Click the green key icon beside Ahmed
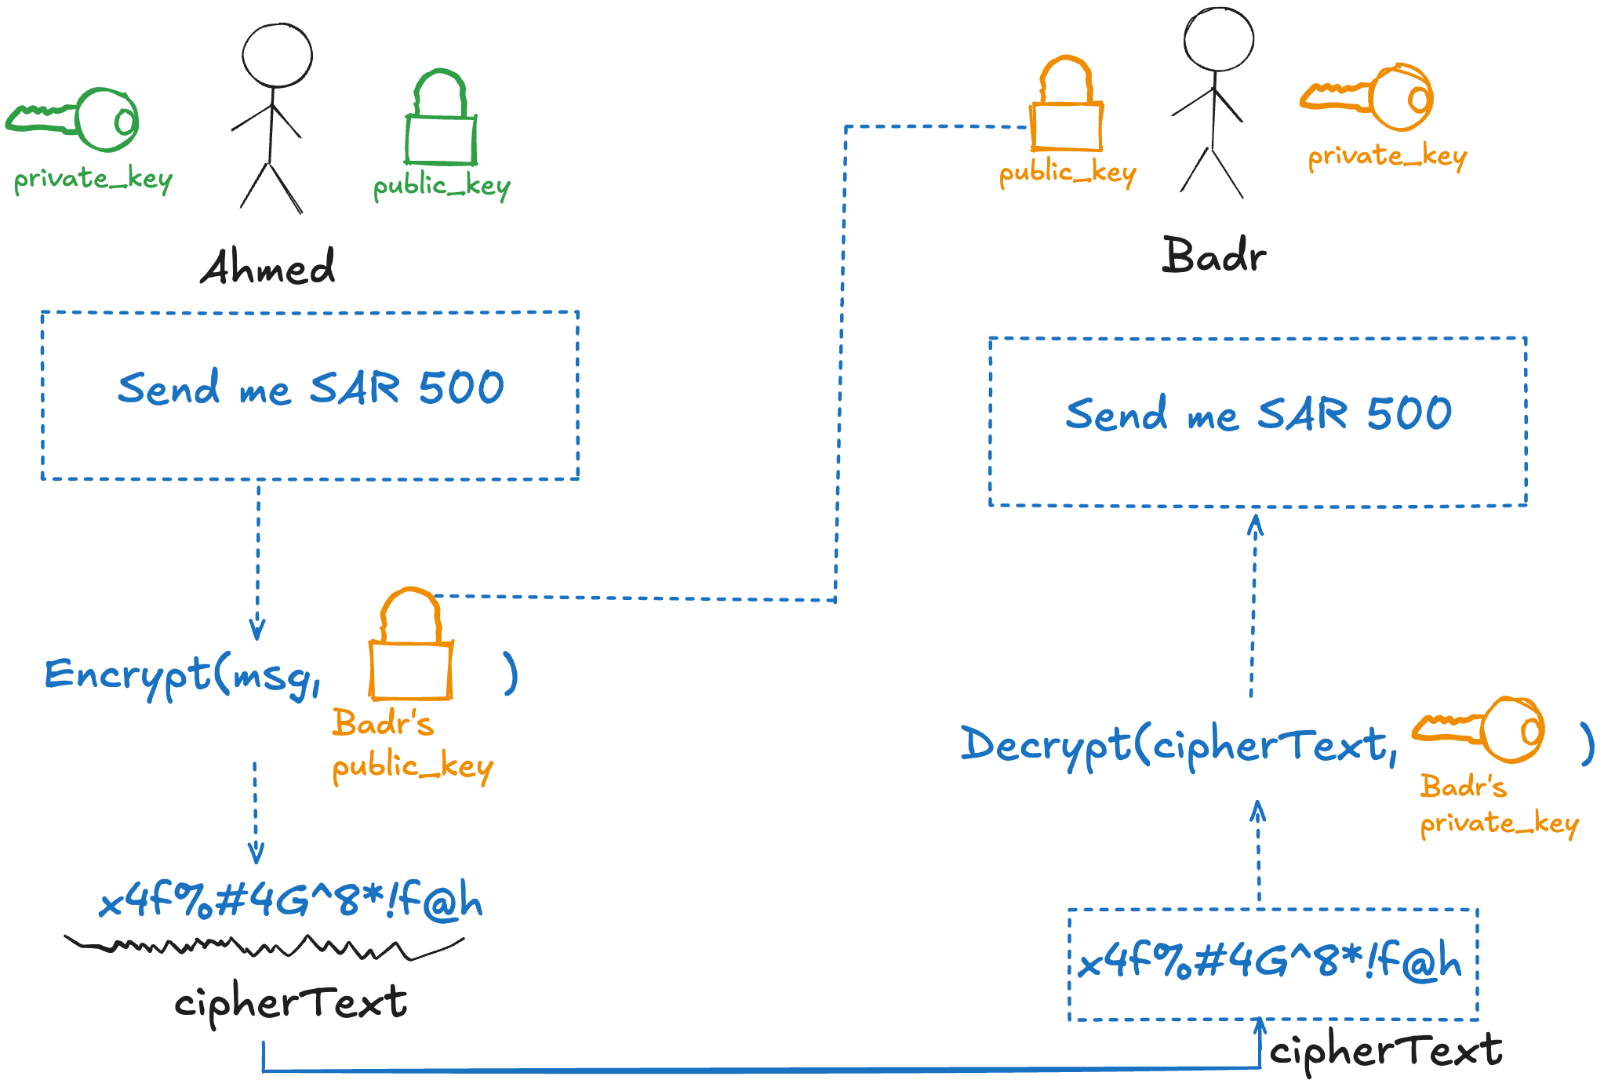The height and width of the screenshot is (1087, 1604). pyautogui.click(x=75, y=120)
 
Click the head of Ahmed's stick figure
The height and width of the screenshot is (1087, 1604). pyautogui.click(x=277, y=56)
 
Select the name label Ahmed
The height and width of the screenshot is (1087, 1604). pyautogui.click(x=267, y=267)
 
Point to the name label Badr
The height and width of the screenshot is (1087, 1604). pyautogui.click(x=1213, y=256)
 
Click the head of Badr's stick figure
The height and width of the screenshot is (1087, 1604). pyautogui.click(x=1218, y=39)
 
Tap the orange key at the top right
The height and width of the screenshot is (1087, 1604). pyautogui.click(x=1368, y=97)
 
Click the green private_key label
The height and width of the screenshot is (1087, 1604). pyautogui.click(x=93, y=180)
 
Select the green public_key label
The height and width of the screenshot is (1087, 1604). pyautogui.click(x=442, y=187)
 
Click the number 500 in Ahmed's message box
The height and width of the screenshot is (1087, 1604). pyautogui.click(x=461, y=387)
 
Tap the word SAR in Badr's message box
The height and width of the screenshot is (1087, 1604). pyautogui.click(x=1303, y=413)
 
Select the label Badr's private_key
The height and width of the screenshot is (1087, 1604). pyautogui.click(x=1498, y=805)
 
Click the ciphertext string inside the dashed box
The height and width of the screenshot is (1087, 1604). pyautogui.click(x=1271, y=962)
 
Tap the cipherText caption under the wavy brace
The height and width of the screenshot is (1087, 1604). pyautogui.click(x=290, y=1003)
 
